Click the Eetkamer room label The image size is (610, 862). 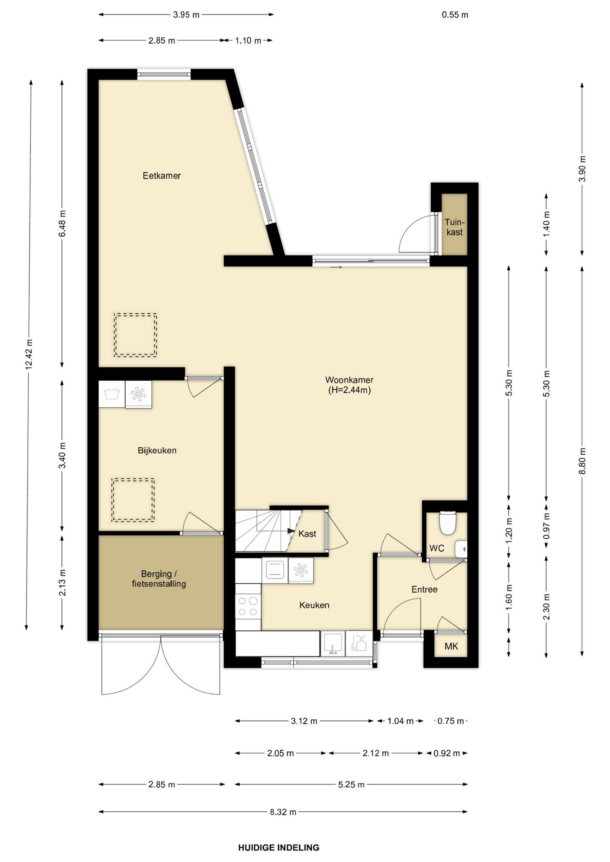[162, 176]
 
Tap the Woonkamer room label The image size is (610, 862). [349, 385]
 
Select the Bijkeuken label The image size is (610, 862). [157, 450]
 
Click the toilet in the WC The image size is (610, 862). [447, 523]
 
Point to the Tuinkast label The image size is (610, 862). [455, 227]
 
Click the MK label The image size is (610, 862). [451, 646]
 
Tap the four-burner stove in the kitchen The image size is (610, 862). [248, 606]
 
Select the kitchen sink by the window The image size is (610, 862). [333, 643]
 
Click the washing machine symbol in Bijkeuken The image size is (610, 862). [111, 394]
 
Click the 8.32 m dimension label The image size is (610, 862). [283, 812]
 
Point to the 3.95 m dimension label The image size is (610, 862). [186, 15]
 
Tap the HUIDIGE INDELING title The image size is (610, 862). [278, 848]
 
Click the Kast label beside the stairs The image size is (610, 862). [307, 534]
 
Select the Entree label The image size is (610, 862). [424, 589]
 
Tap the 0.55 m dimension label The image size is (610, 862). [455, 15]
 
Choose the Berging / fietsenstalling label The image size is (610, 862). [159, 579]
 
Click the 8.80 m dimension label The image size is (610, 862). [582, 461]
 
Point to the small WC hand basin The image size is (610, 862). [461, 549]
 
